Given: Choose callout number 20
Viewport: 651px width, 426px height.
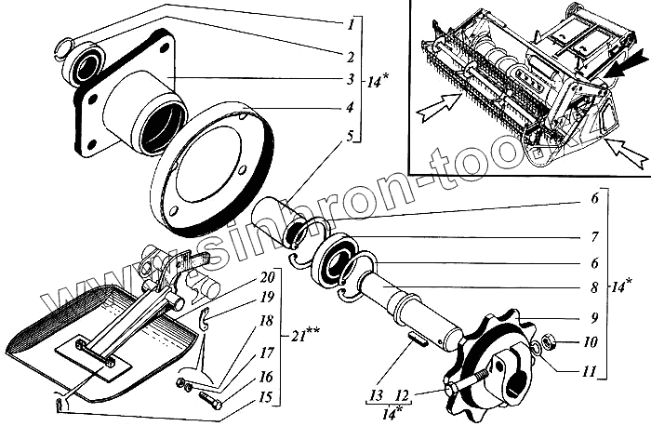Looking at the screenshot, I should pyautogui.click(x=267, y=276).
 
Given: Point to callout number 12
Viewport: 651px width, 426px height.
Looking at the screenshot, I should pyautogui.click(x=403, y=396).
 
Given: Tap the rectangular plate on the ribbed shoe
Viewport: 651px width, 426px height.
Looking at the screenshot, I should pyautogui.click(x=94, y=358).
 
